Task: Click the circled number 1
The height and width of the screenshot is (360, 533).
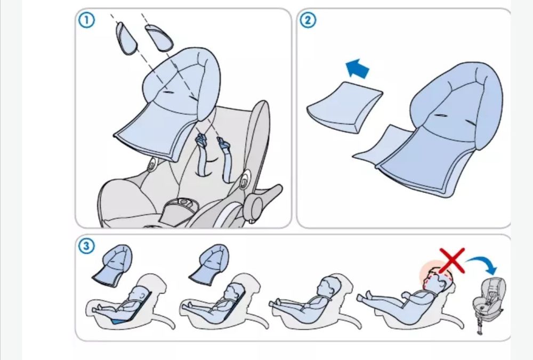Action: pyautogui.click(x=87, y=20)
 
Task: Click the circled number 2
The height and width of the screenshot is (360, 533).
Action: pyautogui.click(x=308, y=20)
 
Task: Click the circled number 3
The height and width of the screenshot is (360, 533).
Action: pyautogui.click(x=86, y=246)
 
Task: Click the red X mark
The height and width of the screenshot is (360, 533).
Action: pyautogui.click(x=452, y=261)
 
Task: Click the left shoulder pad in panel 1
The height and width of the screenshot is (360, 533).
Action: pyautogui.click(x=126, y=38)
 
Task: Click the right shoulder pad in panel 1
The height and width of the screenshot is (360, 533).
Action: pyautogui.click(x=159, y=38)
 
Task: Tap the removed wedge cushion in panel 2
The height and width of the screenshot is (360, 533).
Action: pyautogui.click(x=345, y=107)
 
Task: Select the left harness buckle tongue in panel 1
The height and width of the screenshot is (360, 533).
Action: pyautogui.click(x=201, y=140)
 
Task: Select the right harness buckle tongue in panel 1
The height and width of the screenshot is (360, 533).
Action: pyautogui.click(x=224, y=143)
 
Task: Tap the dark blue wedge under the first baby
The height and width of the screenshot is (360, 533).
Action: pyautogui.click(x=121, y=320)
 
